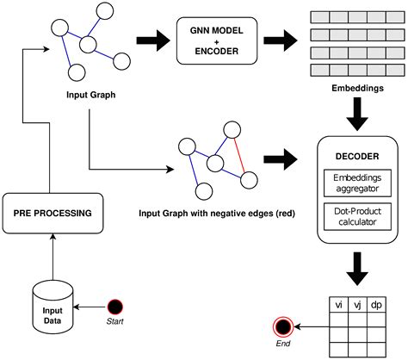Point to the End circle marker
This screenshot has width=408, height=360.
tap(281, 326)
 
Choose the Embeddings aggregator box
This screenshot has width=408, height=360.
tap(355, 182)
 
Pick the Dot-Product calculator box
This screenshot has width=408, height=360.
tap(355, 215)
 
